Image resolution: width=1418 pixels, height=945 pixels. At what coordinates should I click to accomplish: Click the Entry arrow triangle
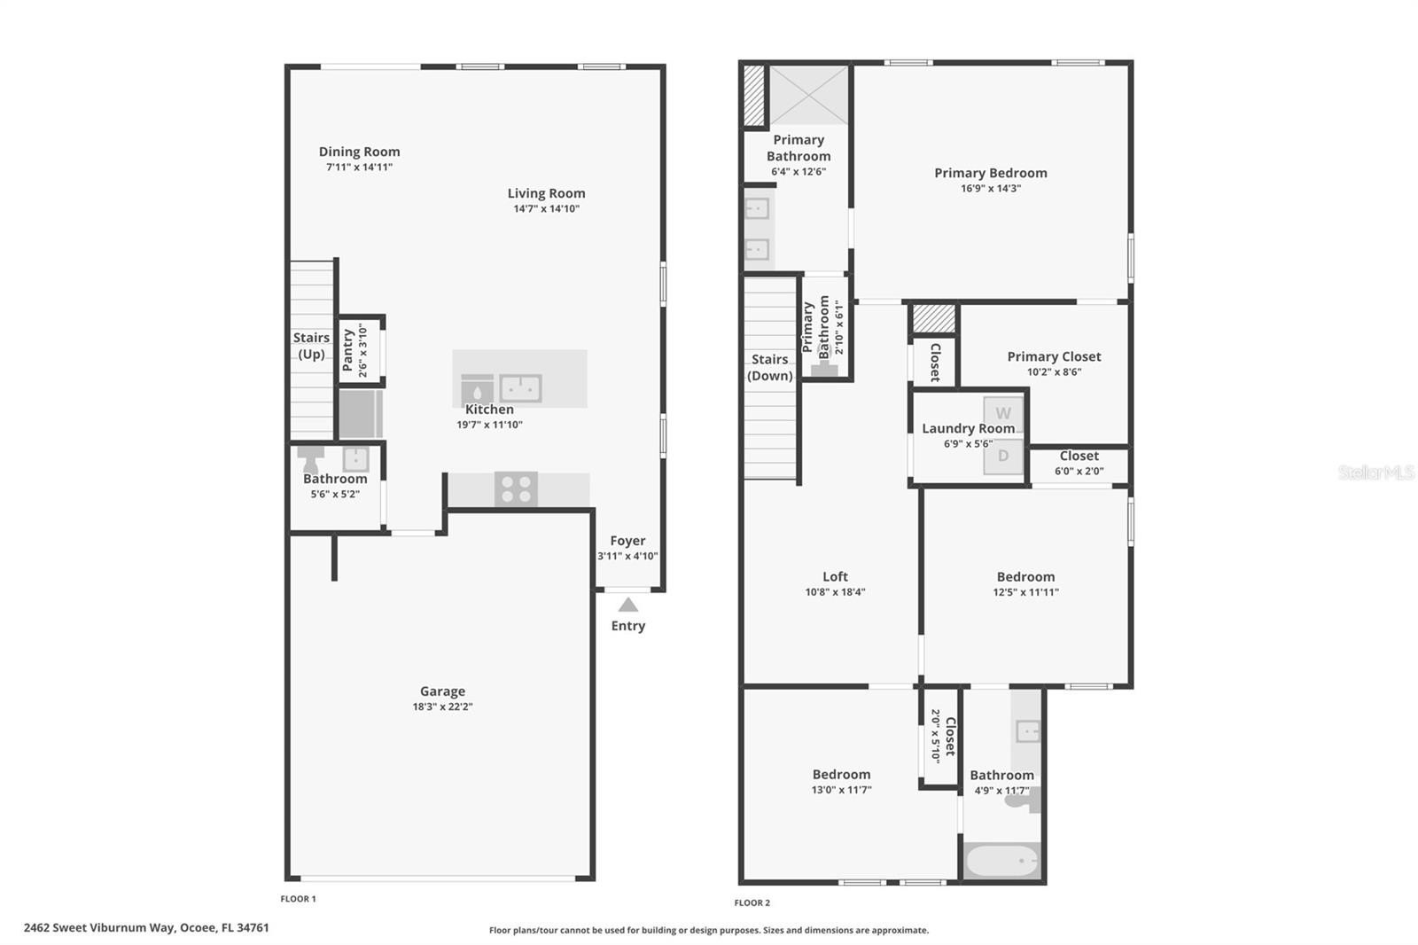[x=627, y=605]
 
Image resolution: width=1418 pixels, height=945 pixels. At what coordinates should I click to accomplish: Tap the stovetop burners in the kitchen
[x=516, y=489]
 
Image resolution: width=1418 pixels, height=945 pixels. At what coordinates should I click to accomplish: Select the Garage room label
[x=442, y=691]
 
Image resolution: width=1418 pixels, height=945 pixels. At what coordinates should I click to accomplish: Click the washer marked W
[x=1003, y=413]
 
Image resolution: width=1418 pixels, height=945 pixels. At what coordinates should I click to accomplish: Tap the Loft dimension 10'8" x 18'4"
[x=835, y=592]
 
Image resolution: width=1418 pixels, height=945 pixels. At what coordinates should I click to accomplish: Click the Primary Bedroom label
[x=990, y=173]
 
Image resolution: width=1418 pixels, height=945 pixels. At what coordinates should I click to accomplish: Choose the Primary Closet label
[x=1054, y=356]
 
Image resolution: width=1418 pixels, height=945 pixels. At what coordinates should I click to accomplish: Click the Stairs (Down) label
[x=769, y=367]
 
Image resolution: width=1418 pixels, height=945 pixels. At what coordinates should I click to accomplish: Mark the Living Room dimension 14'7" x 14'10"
[x=546, y=209]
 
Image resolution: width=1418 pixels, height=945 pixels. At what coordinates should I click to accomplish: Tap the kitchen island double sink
[x=520, y=388]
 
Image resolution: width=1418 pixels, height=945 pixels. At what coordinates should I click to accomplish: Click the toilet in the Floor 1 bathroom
[x=310, y=459]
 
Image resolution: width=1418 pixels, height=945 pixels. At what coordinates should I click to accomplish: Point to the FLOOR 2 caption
[x=752, y=902]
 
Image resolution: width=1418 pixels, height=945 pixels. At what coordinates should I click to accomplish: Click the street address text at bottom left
[x=146, y=928]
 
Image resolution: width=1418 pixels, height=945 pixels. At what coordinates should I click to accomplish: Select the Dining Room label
[x=359, y=152]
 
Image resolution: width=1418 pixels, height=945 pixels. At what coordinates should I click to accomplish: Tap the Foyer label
[x=627, y=541]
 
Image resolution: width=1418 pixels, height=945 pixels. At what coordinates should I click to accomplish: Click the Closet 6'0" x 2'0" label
[x=1079, y=456]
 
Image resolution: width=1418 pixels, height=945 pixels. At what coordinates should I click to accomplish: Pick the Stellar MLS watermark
[x=1375, y=472]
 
